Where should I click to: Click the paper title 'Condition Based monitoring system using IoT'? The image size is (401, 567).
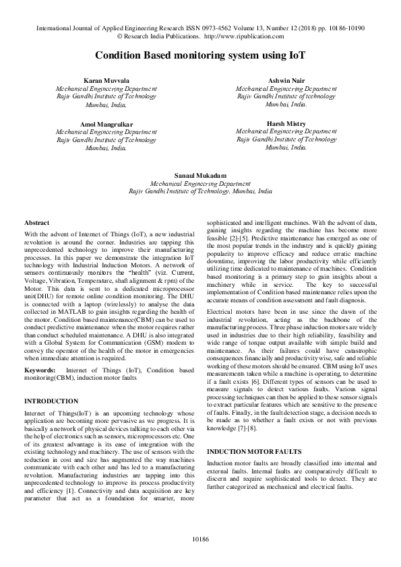pos(200,55)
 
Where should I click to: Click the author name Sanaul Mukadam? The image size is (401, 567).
pos(200,174)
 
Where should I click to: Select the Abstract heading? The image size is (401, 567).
pos(36,222)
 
